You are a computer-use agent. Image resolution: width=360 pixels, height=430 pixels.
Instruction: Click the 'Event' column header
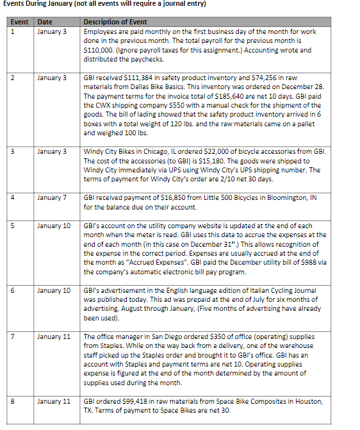19,22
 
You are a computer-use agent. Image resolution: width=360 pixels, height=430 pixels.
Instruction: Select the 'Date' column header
45,22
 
